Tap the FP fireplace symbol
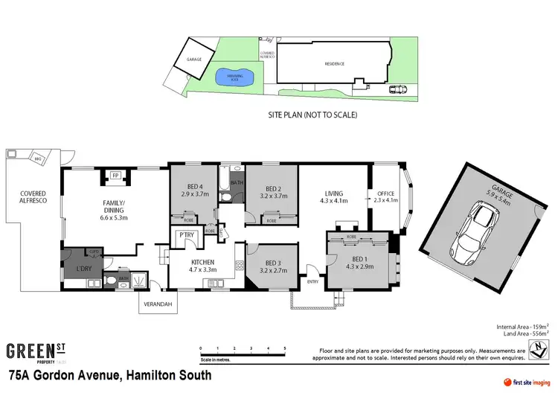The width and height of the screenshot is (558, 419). pyautogui.click(x=115, y=176)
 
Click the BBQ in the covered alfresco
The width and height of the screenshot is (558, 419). pyautogui.click(x=37, y=158)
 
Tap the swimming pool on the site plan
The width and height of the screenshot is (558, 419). pyautogui.click(x=233, y=76)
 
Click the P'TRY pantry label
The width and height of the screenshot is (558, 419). pyautogui.click(x=185, y=237)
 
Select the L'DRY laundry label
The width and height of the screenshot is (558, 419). pyautogui.click(x=83, y=267)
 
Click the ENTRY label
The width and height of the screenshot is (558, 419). pyautogui.click(x=313, y=281)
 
